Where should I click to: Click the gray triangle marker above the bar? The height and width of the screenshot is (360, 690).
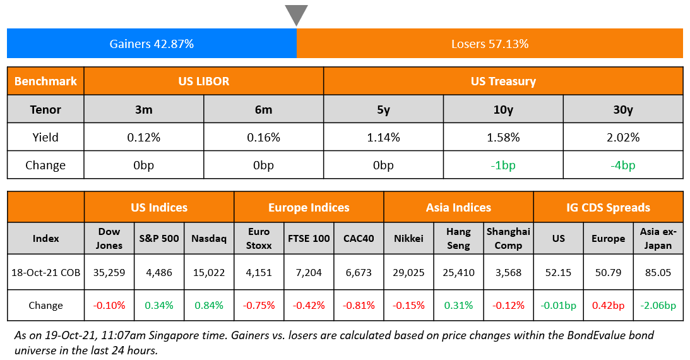[x=296, y=14]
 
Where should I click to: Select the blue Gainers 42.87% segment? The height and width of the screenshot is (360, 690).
[x=152, y=44]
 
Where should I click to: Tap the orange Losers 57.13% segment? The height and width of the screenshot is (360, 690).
[x=490, y=44]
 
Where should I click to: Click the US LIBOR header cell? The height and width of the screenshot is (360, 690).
[x=204, y=81]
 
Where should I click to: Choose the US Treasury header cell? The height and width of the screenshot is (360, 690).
[x=503, y=81]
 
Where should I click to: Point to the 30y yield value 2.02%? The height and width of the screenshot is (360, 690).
[x=623, y=137]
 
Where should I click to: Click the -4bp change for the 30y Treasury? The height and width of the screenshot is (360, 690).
[x=623, y=165]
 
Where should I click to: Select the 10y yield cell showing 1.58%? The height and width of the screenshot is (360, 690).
[x=503, y=137]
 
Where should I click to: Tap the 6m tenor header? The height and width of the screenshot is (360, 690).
[x=263, y=109]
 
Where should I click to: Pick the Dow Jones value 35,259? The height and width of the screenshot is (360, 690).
[x=109, y=273]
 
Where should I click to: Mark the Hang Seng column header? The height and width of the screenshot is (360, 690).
[x=458, y=238]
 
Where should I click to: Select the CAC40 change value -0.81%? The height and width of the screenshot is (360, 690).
[x=359, y=306]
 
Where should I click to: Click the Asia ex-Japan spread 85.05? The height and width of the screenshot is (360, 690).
[x=658, y=273]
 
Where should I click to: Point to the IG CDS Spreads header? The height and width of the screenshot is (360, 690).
[x=608, y=207]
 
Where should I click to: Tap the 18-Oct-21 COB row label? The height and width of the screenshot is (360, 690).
[x=45, y=273]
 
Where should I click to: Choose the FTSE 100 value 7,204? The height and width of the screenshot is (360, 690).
[x=309, y=273]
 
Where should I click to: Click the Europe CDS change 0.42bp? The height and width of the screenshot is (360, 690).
[x=608, y=306]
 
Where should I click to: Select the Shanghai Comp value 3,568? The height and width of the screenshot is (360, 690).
[x=508, y=273]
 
